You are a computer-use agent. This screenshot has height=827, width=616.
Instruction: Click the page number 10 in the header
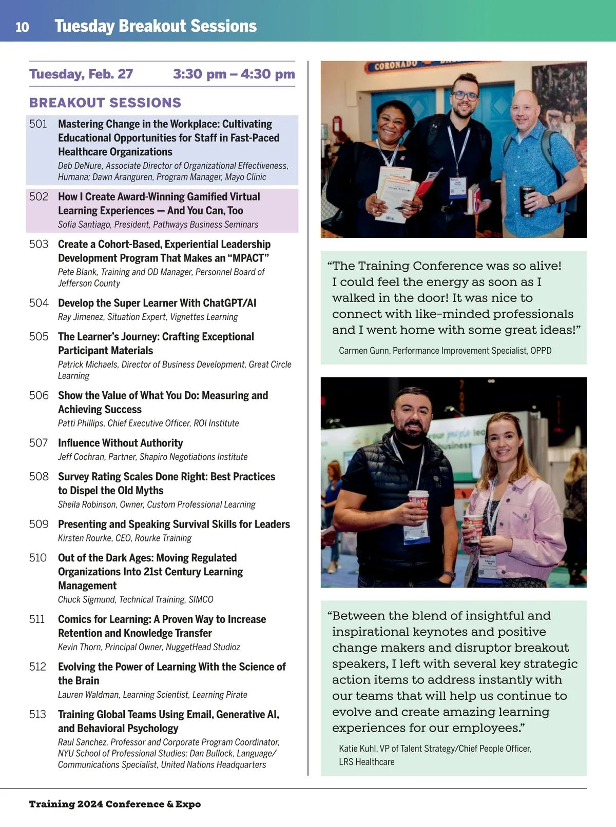point(22,27)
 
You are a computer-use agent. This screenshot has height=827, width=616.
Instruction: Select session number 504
point(38,303)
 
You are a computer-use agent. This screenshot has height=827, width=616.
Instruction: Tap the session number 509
point(38,524)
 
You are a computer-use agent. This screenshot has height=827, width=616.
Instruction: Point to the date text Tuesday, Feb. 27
point(81,74)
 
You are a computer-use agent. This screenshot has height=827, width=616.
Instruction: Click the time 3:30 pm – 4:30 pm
point(234,74)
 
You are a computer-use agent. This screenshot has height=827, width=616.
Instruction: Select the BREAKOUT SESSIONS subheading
point(105,103)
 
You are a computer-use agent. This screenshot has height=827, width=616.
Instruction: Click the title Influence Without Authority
point(120,443)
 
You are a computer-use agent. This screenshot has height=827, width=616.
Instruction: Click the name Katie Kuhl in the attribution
point(357,749)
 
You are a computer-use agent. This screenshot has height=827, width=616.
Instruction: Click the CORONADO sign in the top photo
point(396,65)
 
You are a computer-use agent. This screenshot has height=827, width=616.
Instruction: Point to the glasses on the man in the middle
point(465,95)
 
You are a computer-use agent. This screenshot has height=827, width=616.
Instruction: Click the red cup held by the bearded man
point(418,505)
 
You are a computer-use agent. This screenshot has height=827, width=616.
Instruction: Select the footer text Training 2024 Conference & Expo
point(114,804)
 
